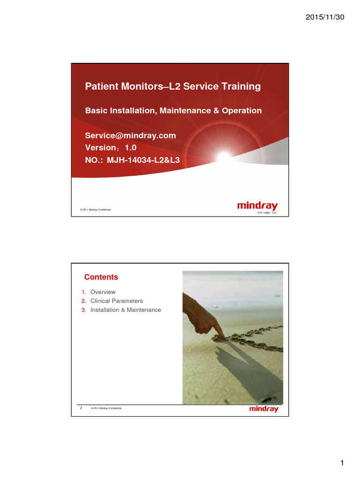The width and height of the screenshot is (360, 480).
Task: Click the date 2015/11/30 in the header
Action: (x=325, y=17)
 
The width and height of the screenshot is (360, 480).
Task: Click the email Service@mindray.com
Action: (x=130, y=135)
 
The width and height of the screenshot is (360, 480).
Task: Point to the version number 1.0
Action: (x=130, y=148)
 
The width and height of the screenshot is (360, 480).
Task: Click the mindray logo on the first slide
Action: (x=257, y=206)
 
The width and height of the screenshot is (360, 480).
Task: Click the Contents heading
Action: (x=101, y=277)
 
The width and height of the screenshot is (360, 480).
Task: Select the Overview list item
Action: (x=103, y=292)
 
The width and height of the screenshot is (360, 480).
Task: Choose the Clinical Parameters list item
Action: (x=116, y=301)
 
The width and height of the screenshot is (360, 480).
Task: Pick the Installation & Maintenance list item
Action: (x=126, y=310)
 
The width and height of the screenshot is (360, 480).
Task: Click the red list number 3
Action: (x=82, y=310)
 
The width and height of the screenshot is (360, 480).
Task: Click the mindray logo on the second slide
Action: (x=263, y=409)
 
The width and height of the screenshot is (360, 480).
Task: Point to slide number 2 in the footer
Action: (x=81, y=408)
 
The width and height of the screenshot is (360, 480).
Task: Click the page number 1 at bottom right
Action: (x=342, y=464)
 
